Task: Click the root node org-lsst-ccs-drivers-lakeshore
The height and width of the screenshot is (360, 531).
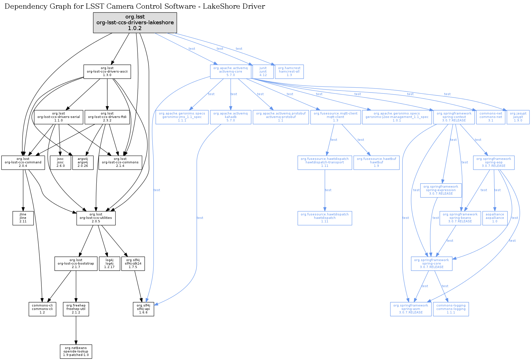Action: [x=135, y=23]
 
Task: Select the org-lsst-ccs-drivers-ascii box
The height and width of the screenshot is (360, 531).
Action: [x=107, y=72]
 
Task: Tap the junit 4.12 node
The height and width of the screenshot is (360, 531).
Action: [x=263, y=72]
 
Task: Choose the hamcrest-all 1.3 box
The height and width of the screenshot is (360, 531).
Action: [x=289, y=72]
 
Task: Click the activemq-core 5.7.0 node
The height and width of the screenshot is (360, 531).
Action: [x=230, y=72]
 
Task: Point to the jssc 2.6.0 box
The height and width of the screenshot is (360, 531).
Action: [x=60, y=163]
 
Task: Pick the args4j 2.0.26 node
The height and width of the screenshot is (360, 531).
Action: [x=83, y=163]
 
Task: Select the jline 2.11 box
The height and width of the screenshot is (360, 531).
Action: [x=23, y=218]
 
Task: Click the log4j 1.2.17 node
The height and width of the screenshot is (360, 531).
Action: [x=109, y=264]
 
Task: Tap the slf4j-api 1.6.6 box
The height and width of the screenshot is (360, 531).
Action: [x=143, y=309]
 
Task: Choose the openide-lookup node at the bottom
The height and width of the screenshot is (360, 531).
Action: [x=76, y=352]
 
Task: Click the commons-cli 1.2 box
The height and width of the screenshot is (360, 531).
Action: [x=42, y=309]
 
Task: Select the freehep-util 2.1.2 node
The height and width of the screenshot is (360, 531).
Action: [x=76, y=309]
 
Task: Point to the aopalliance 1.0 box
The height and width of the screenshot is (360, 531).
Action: [x=495, y=218]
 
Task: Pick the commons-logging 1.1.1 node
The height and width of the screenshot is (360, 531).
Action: [x=451, y=309]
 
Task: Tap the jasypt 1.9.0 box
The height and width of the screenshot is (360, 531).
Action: [x=518, y=117]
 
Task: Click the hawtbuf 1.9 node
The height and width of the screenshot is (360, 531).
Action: [x=376, y=163]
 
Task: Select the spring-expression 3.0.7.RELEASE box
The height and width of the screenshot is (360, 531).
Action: [x=441, y=190]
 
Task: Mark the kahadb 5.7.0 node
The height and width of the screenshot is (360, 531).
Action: [x=230, y=117]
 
